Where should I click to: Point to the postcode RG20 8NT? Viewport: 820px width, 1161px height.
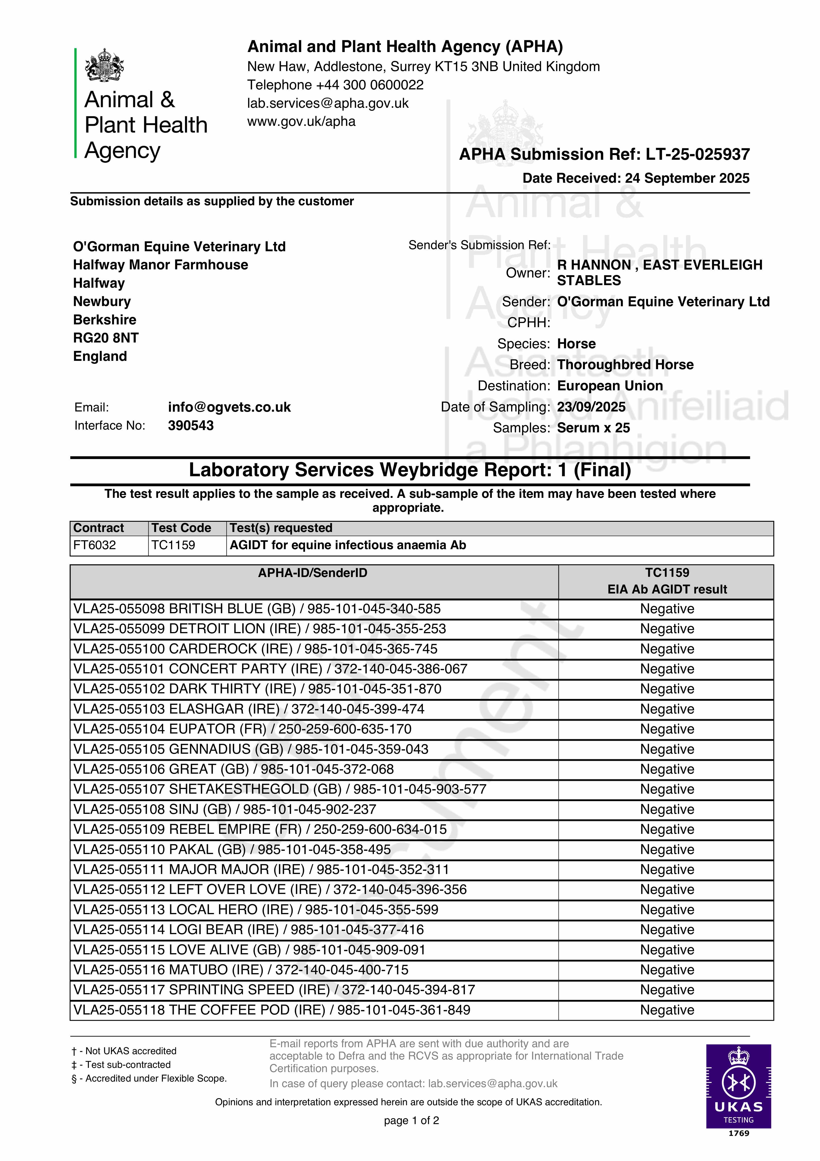pos(106,338)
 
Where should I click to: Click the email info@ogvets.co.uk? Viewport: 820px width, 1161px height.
pos(230,407)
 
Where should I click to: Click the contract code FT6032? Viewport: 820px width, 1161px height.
pos(94,545)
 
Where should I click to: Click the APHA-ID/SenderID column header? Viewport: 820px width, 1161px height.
pos(312,573)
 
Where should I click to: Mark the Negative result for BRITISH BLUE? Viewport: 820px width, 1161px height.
pos(667,609)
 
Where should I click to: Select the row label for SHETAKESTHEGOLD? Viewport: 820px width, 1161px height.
pos(280,789)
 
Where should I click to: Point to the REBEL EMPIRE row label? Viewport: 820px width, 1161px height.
pos(260,829)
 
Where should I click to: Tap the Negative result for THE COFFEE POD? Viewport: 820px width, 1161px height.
pos(667,1010)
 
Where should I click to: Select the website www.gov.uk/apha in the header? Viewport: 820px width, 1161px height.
pos(301,121)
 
